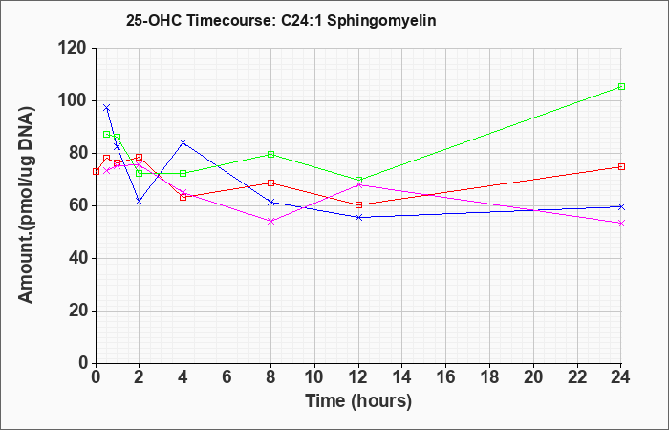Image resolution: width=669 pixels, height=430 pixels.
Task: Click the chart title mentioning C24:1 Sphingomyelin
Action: point(281,20)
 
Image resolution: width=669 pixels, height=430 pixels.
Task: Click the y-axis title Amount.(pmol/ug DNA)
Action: point(27,204)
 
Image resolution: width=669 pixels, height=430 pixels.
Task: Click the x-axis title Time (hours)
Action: point(358,401)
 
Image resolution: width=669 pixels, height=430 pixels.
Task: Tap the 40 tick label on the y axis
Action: point(81,259)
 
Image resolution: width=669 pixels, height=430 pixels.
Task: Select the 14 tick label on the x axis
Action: point(402,377)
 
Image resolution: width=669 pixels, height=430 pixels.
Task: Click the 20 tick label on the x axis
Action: point(533,377)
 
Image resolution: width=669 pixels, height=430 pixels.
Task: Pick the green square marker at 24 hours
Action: point(621,87)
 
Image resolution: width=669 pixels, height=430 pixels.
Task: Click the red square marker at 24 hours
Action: point(621,167)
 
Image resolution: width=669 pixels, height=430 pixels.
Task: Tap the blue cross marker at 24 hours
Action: point(621,207)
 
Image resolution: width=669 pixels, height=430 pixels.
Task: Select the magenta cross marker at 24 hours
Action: point(621,223)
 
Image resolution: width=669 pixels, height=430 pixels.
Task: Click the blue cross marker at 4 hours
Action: point(183,142)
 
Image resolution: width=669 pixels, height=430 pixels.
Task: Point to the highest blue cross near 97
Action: point(107,107)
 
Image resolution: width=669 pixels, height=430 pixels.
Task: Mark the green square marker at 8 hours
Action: point(270,154)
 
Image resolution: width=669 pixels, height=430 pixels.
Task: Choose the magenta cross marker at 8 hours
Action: point(270,222)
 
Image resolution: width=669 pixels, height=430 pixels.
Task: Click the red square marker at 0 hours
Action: point(96,171)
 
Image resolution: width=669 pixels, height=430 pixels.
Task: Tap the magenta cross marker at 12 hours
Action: point(358,184)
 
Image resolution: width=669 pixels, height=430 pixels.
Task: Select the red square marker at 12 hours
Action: point(358,204)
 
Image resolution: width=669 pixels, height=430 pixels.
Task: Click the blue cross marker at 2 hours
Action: point(140,202)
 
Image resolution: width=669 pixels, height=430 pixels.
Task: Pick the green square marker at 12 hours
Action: point(358,180)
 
